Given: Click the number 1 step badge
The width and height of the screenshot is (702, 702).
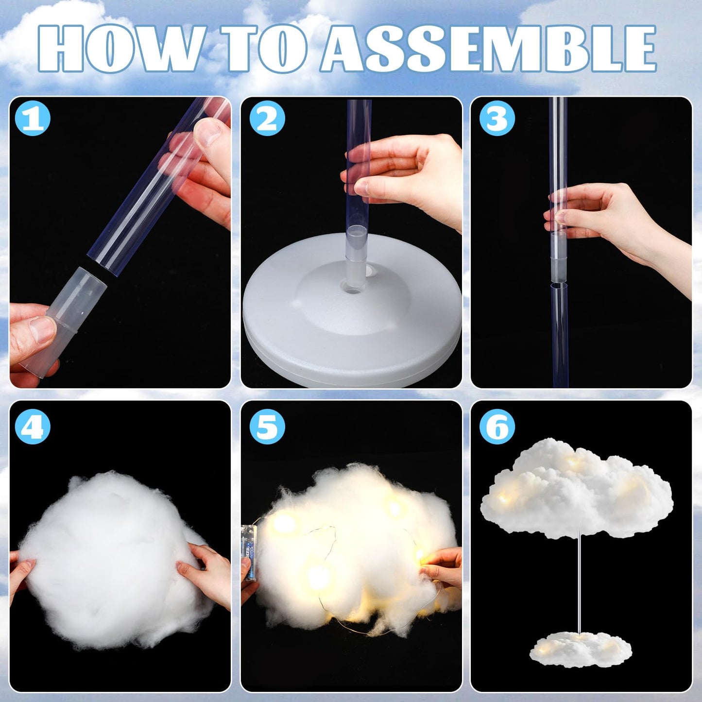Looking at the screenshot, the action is (33, 118).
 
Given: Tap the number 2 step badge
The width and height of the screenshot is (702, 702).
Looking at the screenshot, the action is (267, 118).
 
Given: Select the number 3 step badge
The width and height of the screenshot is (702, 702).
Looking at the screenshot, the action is (497, 118).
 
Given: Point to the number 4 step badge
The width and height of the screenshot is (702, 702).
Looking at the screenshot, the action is (33, 427).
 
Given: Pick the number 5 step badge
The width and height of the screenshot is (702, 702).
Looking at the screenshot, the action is (267, 427).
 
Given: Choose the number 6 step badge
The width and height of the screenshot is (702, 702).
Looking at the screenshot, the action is (497, 427).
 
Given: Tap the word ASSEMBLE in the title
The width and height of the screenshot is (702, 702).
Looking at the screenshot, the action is (489, 48).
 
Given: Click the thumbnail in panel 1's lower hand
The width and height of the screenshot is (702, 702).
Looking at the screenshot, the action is (42, 330).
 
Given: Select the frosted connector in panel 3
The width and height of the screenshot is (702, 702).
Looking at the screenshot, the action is (558, 257).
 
